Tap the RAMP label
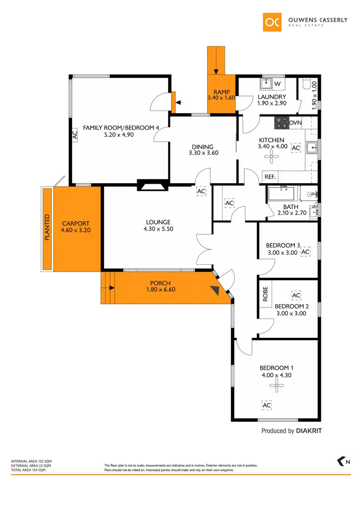click(221, 92)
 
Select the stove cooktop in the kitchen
click(281, 123)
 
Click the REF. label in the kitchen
click(270, 177)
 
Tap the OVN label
click(296, 123)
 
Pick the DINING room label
click(202, 147)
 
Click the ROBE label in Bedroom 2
click(265, 294)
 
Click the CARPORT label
click(76, 223)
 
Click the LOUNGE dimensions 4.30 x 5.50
click(158, 229)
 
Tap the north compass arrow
click(341, 462)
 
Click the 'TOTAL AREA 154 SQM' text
click(28, 470)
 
